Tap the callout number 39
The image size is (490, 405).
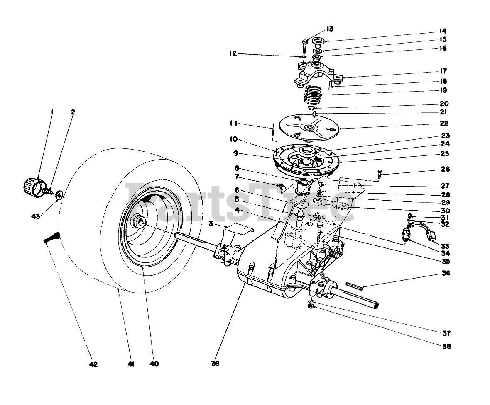(215, 364)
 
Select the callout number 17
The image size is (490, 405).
(432, 71)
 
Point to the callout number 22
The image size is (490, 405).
(432, 123)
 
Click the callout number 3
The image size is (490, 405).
(211, 224)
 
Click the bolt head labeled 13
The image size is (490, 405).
(304, 41)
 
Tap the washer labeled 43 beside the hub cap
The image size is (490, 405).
(60, 194)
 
